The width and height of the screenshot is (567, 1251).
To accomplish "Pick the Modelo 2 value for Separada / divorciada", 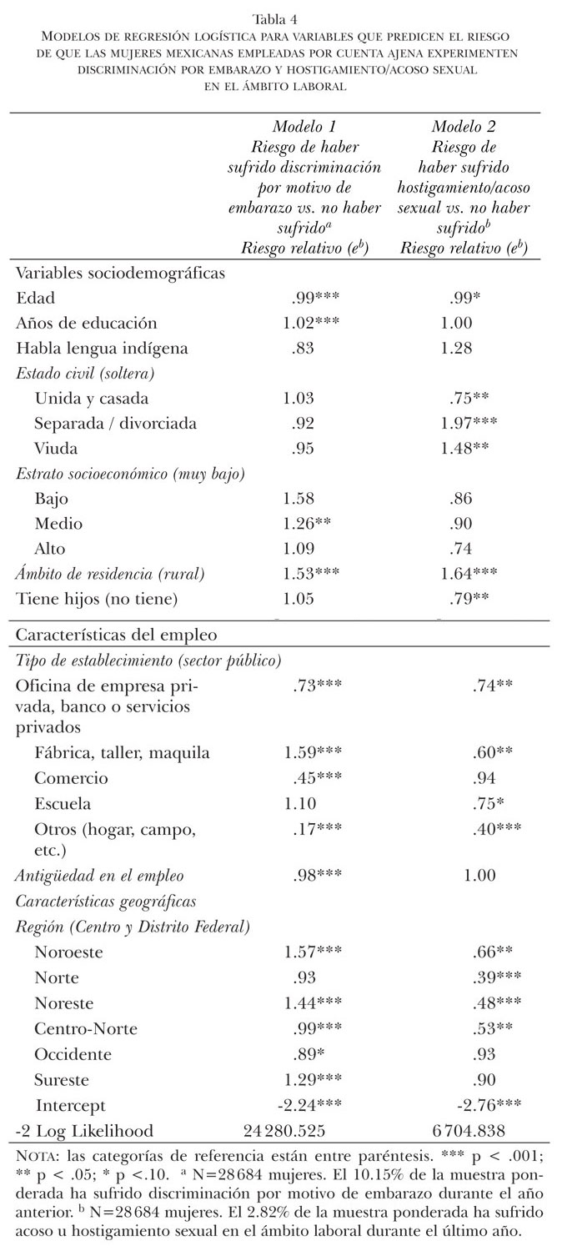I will [x=471, y=424].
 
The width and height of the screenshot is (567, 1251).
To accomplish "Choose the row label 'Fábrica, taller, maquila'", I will [x=123, y=753].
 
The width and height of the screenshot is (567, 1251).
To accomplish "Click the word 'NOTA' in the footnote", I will [x=37, y=1158].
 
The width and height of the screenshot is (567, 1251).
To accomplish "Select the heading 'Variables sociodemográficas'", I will [x=121, y=272].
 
